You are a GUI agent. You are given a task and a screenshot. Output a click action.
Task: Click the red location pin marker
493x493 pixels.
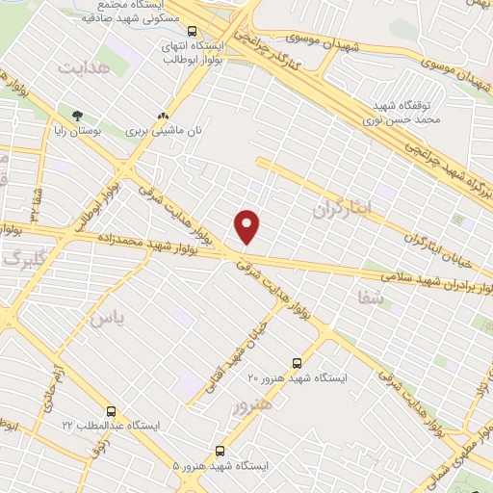[x=248, y=226]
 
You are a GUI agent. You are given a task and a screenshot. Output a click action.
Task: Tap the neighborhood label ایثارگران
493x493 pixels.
[x=341, y=208]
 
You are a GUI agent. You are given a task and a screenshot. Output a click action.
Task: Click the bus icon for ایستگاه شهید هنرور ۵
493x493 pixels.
[x=221, y=450]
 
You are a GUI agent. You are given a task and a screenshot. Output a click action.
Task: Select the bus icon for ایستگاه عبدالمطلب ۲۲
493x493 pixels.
[x=112, y=411]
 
